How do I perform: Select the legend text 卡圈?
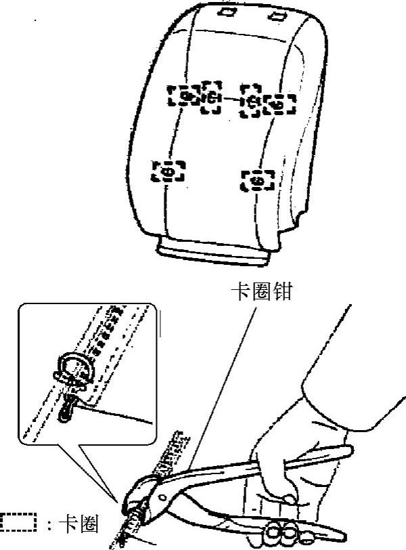tap(81, 524)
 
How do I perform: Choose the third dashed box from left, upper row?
tap(252, 102)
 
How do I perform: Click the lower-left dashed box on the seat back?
tap(168, 171)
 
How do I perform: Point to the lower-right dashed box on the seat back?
tap(258, 180)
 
